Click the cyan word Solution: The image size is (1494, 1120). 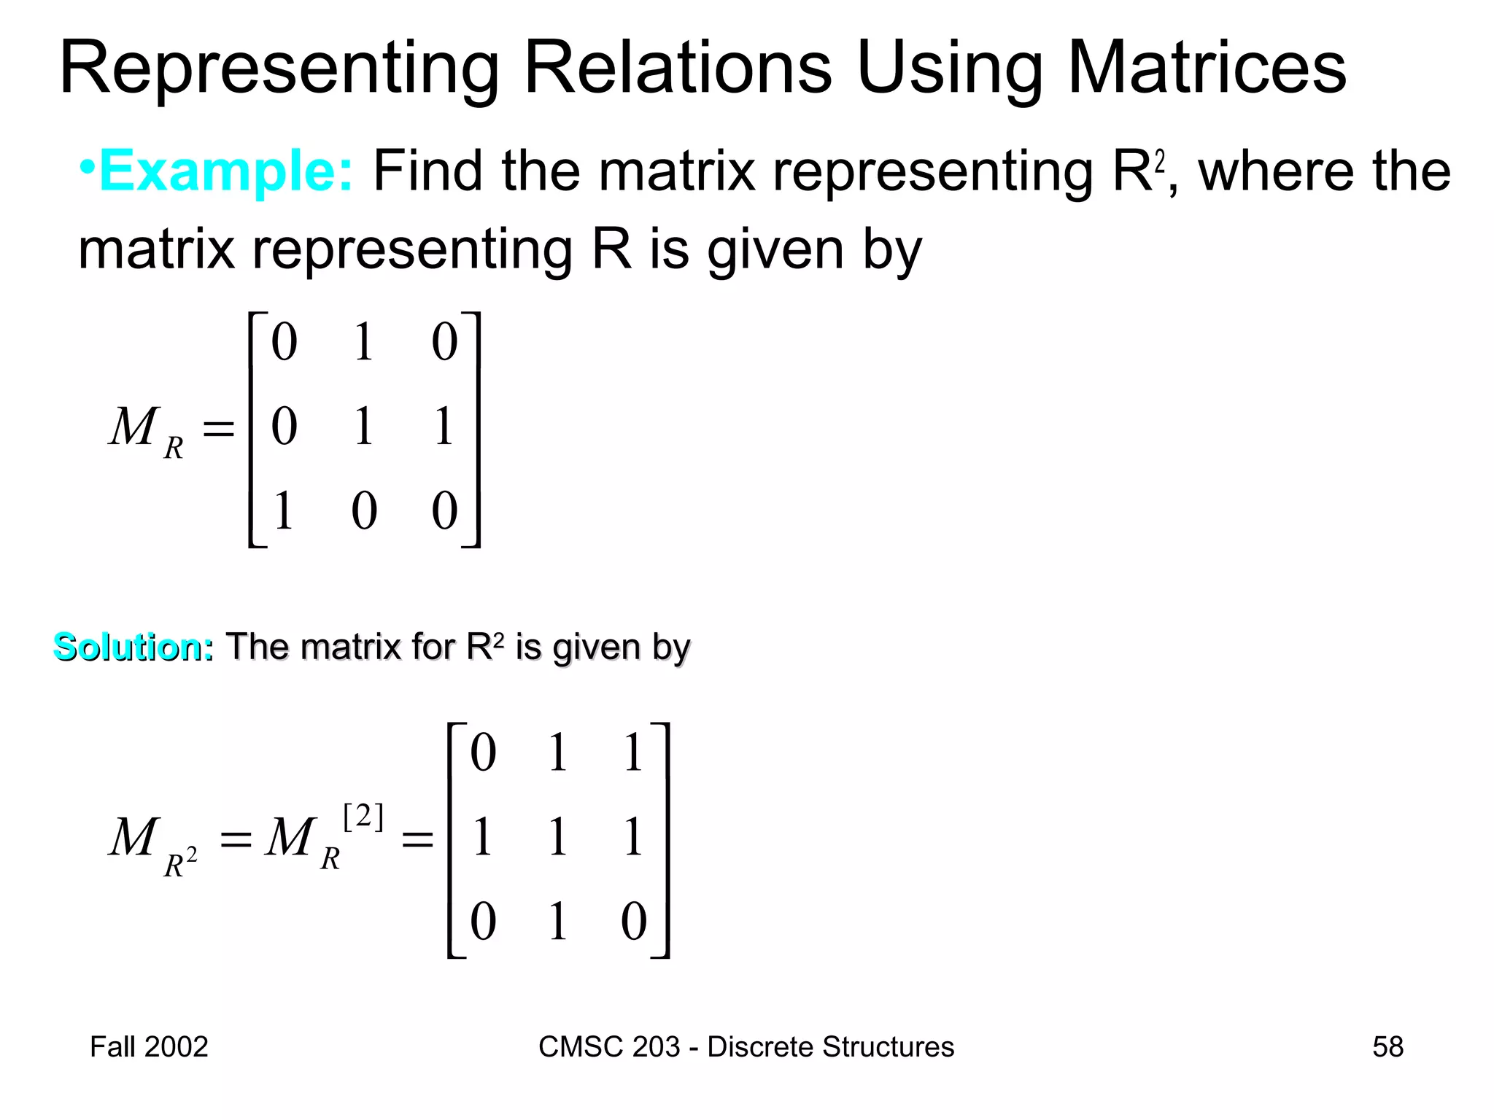coord(133,647)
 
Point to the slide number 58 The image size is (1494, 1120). coord(1387,1047)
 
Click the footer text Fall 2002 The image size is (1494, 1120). coord(149,1047)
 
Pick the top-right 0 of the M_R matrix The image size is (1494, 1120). coord(444,342)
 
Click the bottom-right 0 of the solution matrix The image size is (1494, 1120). coord(633,922)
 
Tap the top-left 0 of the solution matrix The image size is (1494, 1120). coord(483,752)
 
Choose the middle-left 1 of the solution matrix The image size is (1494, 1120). coord(482,837)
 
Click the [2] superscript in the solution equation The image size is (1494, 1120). coord(363,817)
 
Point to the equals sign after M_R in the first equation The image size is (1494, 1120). coord(218,428)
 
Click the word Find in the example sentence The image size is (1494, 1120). coord(427,171)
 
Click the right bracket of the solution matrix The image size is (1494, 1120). coord(663,840)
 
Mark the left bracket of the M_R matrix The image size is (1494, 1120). coord(254,429)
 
